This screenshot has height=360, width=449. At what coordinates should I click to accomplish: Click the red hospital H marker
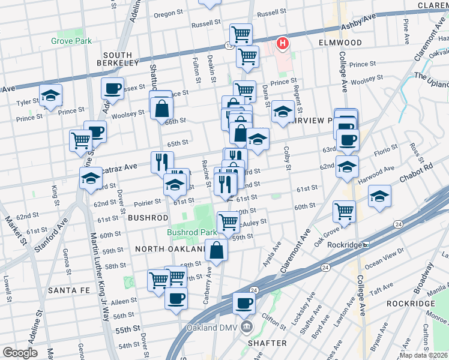click(x=282, y=43)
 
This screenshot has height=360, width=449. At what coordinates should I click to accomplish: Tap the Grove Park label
click(x=71, y=41)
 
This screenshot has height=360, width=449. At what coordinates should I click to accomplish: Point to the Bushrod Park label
click(x=191, y=232)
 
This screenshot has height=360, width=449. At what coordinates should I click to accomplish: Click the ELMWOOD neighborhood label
click(x=340, y=43)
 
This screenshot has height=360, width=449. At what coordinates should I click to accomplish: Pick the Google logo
click(x=20, y=352)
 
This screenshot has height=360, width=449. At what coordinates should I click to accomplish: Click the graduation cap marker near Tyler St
click(x=51, y=95)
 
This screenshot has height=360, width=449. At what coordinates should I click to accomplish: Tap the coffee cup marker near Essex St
click(x=112, y=89)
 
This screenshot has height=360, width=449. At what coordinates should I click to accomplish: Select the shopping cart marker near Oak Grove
click(x=345, y=211)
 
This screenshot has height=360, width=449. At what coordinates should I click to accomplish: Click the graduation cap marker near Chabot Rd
click(x=379, y=196)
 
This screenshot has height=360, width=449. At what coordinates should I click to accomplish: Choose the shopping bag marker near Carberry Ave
click(x=216, y=249)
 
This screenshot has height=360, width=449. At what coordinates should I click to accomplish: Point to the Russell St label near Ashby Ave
click(x=271, y=13)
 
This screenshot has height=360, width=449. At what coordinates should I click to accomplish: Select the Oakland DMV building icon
click(x=246, y=328)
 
